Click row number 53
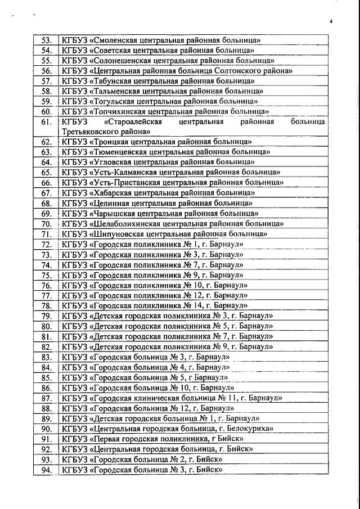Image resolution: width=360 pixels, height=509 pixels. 46,40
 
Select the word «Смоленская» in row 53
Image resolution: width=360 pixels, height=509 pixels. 116,40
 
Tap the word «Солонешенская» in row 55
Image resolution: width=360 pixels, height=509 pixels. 122,60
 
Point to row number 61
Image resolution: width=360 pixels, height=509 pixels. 46,121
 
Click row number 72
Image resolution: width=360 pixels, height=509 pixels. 46,244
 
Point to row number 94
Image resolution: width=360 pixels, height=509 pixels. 46,469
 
